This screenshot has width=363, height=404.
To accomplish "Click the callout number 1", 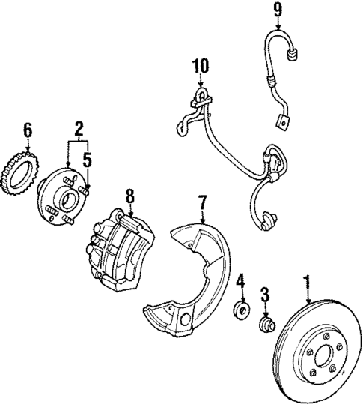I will (x=305, y=283).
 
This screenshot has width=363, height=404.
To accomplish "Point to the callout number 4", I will (x=240, y=283).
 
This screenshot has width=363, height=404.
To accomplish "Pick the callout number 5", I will (x=87, y=160).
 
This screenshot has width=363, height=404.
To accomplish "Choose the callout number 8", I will (x=129, y=196).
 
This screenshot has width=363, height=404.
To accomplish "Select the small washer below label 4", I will (x=242, y=308).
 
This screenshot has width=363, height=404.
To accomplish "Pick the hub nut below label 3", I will (x=266, y=325).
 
